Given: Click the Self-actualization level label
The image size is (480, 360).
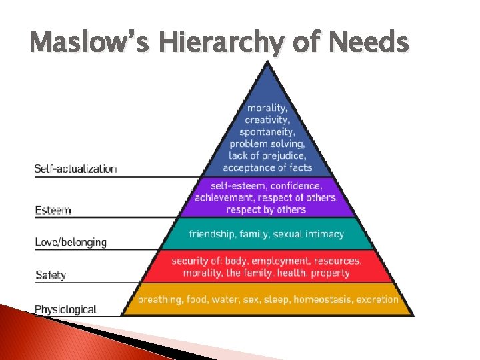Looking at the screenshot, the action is click(75, 169).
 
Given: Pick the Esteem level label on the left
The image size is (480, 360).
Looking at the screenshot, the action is click(53, 211).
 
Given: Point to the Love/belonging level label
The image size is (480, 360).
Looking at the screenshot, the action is click(71, 242).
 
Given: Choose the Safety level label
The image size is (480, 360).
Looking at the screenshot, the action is click(50, 275).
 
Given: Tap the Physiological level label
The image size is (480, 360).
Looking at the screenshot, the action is click(65, 309).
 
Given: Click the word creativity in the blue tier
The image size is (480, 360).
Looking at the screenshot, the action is click(267, 120).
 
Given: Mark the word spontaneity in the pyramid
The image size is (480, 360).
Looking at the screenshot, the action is click(267, 132).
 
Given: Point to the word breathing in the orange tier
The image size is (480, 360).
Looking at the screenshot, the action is click(160, 300).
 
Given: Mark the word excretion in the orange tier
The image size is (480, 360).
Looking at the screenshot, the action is click(377, 300).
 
